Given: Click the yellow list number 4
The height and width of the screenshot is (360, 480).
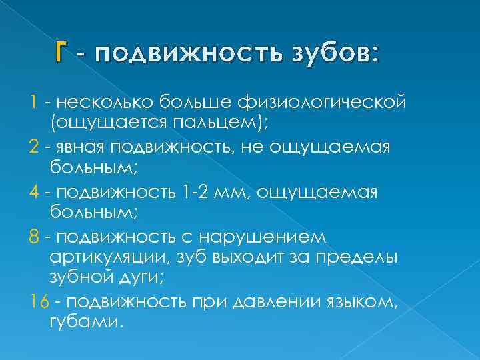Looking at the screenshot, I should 35,193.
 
